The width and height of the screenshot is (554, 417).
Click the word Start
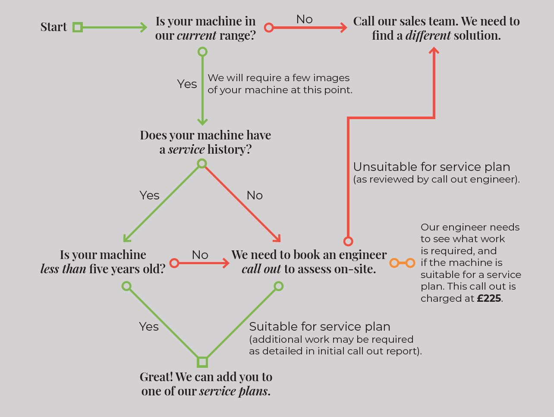point(54,27)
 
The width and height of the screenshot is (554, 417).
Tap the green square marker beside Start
point(78,27)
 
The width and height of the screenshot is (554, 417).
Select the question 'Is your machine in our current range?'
point(205,28)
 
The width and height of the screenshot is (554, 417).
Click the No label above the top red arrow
point(304,19)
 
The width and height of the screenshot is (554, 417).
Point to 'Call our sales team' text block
point(436,28)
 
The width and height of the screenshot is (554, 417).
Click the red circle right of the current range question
point(269,28)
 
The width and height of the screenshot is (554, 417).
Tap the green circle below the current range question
point(202,52)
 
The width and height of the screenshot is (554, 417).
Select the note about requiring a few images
point(280,84)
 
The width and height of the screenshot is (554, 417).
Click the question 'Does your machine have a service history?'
point(205,142)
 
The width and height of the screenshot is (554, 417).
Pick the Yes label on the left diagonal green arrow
point(149,196)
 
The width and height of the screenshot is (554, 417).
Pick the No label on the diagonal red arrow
point(255,196)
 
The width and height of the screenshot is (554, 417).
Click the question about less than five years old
point(103,262)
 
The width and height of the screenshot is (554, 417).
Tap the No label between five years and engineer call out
point(200,255)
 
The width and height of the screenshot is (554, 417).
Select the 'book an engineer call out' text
point(309,262)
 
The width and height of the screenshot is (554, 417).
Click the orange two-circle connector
point(402,262)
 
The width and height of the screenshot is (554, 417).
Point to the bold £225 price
point(489,298)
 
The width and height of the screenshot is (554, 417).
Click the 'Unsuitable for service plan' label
point(431,167)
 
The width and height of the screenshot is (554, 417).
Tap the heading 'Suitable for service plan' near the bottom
point(319,327)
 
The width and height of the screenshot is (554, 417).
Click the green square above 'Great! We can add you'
point(202,362)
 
